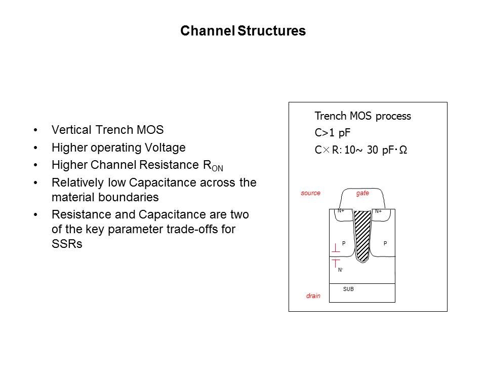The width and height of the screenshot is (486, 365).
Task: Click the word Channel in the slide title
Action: (208, 31)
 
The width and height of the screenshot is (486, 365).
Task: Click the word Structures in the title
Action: (271, 31)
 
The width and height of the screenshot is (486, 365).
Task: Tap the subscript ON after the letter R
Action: (217, 168)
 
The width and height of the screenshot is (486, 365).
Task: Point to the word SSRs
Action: (67, 244)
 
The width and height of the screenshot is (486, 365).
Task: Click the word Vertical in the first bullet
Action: (72, 130)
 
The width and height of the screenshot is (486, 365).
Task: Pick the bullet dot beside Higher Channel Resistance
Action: (35, 165)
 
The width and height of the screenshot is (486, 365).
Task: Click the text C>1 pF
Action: (332, 133)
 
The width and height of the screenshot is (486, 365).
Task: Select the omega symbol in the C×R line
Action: (403, 150)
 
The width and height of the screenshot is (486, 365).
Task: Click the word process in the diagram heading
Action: (393, 117)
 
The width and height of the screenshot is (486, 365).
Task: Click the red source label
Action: (310, 193)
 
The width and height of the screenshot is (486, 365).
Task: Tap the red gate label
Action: (362, 193)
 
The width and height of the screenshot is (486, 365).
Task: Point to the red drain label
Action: (313, 296)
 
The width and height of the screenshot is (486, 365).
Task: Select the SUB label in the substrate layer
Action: (348, 289)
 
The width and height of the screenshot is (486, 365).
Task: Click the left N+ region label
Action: (341, 211)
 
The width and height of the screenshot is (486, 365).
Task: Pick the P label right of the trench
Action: (385, 243)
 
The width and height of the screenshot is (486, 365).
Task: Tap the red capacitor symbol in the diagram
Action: (336, 255)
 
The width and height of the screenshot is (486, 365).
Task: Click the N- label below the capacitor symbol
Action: (340, 270)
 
